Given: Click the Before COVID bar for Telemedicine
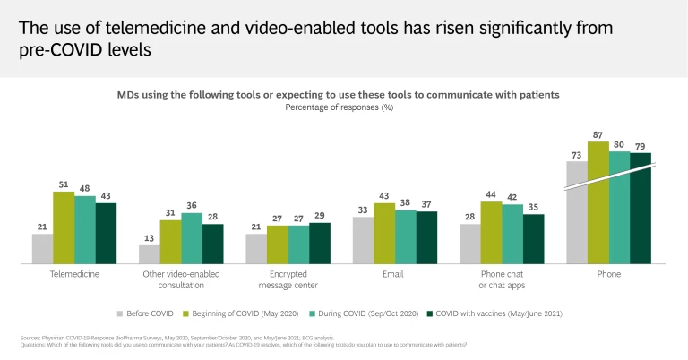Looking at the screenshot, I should click(x=42, y=249).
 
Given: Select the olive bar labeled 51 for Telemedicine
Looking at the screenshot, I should click(x=64, y=227).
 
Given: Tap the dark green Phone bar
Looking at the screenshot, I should click(x=641, y=208).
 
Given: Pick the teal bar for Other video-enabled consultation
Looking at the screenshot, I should click(x=192, y=238).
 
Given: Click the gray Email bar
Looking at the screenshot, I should click(x=363, y=240).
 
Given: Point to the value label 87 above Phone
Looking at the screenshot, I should click(x=598, y=133).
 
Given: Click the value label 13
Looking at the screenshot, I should click(x=149, y=238).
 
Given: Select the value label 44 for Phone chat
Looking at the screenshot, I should click(x=491, y=193).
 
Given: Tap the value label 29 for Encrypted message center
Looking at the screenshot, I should click(x=320, y=215).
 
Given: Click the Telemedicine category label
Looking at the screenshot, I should click(x=74, y=273).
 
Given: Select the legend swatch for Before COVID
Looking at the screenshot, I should click(x=120, y=313).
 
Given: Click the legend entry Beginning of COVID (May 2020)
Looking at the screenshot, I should click(x=238, y=313).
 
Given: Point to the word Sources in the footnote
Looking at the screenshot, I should click(x=30, y=338).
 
